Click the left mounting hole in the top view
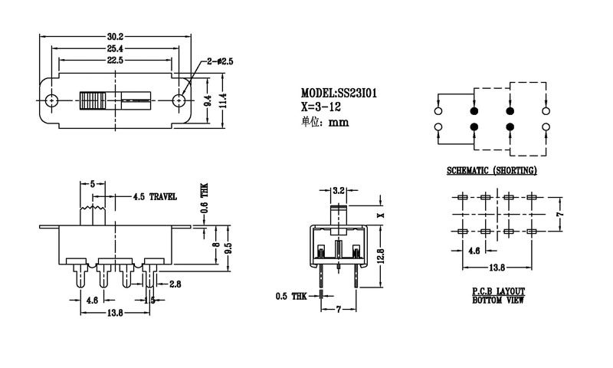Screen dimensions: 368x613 [51, 100]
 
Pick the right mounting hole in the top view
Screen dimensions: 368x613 [182, 100]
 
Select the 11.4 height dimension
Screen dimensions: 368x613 [223, 100]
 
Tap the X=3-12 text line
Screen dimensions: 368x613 [322, 106]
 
